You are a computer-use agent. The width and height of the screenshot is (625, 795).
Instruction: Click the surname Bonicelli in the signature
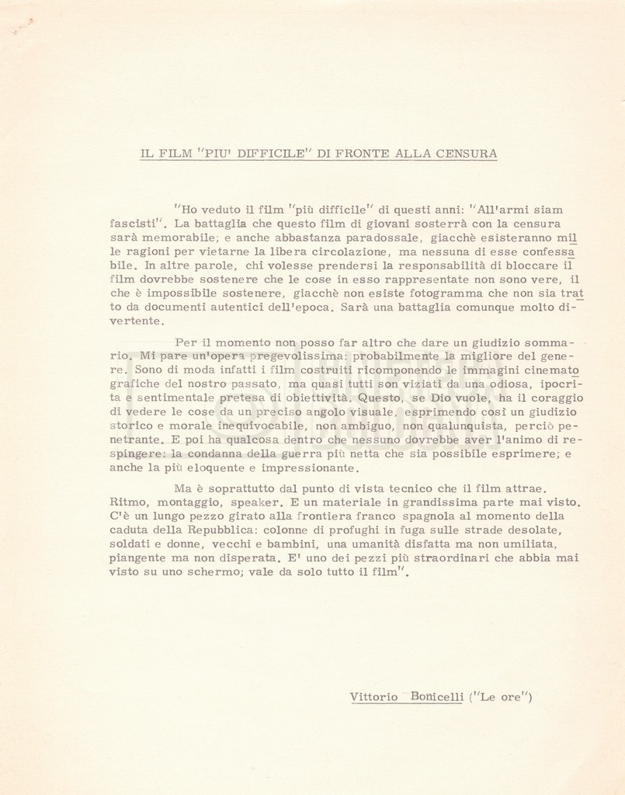tap(437, 696)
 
